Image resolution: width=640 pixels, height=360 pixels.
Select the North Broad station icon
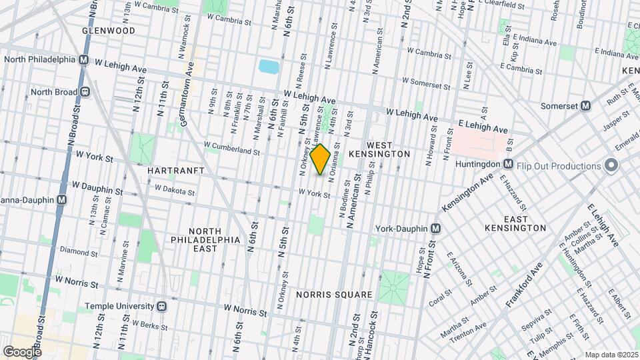85,92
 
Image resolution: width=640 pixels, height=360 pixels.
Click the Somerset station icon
586,105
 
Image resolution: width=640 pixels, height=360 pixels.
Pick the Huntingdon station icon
508,164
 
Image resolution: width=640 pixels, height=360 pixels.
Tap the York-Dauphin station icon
435,229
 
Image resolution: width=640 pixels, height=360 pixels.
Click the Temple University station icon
161,307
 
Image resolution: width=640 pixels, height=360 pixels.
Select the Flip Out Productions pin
611,166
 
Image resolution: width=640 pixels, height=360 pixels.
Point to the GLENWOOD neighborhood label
109,31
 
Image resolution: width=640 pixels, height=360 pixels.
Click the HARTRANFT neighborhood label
171,171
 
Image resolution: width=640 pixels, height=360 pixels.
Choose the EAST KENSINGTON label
525,223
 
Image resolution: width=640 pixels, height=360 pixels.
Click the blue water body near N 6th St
269,66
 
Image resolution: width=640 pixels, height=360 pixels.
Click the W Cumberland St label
231,148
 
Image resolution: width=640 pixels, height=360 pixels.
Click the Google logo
22,351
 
